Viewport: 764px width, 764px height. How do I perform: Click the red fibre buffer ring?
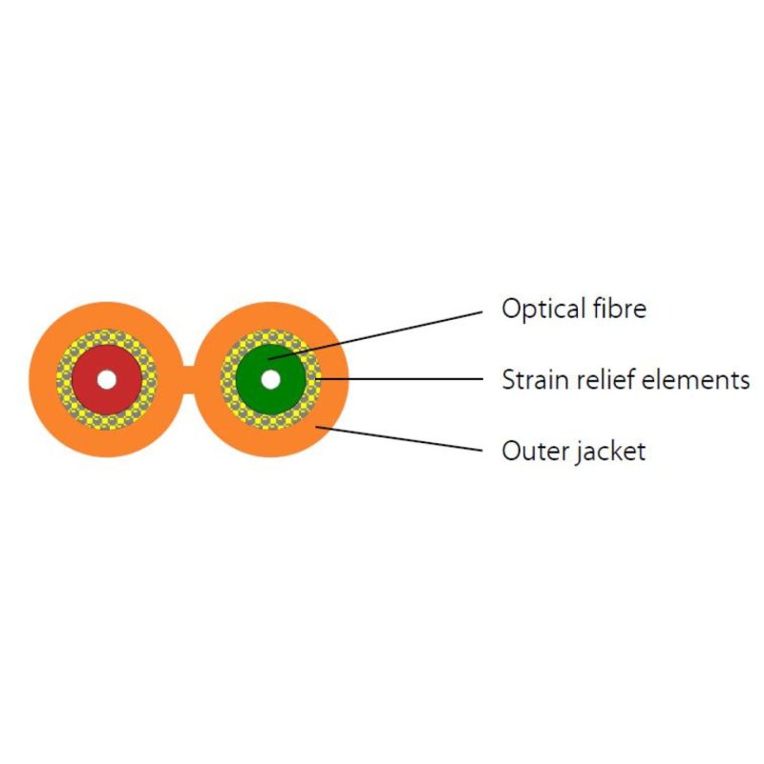pos(88,379)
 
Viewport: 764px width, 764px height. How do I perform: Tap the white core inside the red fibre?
pos(107,380)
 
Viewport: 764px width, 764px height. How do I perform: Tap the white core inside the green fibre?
pos(271,380)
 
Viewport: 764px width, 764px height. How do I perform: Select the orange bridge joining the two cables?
pos(188,379)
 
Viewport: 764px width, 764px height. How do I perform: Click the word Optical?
pos(543,308)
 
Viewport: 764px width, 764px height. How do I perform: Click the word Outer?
pos(534,451)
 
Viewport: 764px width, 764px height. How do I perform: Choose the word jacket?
pos(610,452)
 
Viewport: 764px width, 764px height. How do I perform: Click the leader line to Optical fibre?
pos(375,336)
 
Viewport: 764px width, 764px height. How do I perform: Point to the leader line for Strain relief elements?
pos(399,378)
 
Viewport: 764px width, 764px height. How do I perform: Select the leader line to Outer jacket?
pos(399,438)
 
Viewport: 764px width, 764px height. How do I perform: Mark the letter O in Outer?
pos(512,451)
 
